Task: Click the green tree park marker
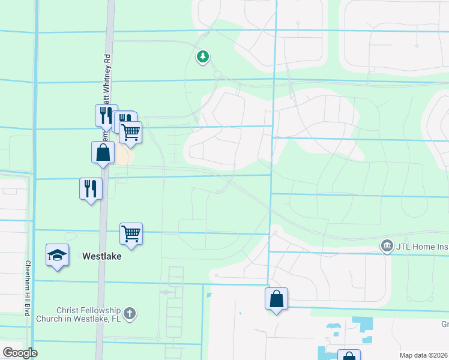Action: (203, 57)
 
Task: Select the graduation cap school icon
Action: (57, 256)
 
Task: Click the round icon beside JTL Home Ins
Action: (387, 245)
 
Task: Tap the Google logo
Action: (20, 353)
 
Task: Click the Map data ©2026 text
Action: (424, 355)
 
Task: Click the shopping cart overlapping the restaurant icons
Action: (131, 131)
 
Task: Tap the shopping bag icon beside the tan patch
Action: (103, 152)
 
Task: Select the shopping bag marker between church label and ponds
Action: (276, 299)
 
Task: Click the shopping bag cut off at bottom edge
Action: (349, 355)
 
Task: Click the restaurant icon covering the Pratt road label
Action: (106, 115)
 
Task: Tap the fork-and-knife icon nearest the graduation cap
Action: (91, 189)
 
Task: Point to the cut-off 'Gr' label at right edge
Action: (445, 325)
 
